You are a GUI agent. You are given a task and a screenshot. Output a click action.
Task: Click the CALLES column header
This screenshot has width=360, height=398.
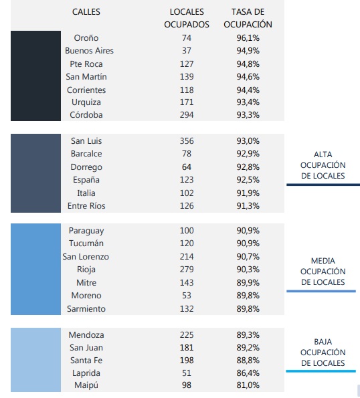[86, 11]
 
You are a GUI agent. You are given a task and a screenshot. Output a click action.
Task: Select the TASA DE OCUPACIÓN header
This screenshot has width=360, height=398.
[248, 18]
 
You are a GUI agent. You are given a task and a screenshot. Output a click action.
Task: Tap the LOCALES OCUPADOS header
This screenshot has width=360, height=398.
[187, 18]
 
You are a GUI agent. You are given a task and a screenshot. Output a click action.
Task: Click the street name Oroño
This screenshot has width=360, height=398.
[86, 38]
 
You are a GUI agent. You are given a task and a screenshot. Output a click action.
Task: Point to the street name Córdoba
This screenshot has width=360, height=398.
[86, 115]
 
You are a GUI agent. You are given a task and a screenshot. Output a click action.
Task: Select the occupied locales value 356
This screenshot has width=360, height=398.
[187, 141]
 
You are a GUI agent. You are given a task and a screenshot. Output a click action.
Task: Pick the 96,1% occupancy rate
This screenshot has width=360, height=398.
[248, 38]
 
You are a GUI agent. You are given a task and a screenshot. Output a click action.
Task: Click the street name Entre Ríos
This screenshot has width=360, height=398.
[86, 205]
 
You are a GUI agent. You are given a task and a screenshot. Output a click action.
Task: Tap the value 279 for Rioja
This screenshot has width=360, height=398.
[187, 269]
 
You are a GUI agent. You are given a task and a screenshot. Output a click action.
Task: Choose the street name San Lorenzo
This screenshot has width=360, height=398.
[86, 257]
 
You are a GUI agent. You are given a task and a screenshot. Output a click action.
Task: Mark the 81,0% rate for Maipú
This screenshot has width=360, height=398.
[248, 385]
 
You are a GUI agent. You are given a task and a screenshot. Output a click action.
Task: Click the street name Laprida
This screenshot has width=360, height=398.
[86, 373]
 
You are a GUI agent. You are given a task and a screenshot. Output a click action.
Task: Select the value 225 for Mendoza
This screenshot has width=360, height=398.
[187, 335]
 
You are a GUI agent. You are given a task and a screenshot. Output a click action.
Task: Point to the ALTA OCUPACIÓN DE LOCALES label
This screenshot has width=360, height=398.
[323, 165]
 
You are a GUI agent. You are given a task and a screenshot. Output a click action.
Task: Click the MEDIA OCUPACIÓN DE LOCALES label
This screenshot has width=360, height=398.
[323, 272]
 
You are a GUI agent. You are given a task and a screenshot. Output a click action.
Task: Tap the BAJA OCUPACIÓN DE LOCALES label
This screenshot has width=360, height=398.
[323, 353]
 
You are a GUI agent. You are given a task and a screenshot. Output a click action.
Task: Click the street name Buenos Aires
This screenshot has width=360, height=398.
[89, 51]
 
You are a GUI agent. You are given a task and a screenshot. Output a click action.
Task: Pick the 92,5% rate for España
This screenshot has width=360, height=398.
[248, 180]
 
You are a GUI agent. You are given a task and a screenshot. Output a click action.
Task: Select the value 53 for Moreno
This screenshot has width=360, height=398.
[187, 296]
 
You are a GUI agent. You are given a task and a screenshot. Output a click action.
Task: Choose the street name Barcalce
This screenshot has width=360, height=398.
[86, 154]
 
